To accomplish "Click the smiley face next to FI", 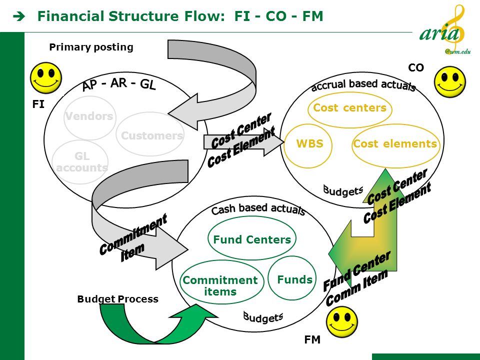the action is click(46, 78).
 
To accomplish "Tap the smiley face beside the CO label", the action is click(450, 82).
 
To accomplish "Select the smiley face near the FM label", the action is click(342, 322).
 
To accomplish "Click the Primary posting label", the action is click(91, 47).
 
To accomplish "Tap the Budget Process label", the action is click(118, 299).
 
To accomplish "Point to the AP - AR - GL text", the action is click(119, 83).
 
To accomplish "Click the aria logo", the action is click(445, 30).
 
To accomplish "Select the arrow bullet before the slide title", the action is click(19, 17).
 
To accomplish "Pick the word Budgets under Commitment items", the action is click(263, 317).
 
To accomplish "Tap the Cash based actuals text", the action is click(258, 209).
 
